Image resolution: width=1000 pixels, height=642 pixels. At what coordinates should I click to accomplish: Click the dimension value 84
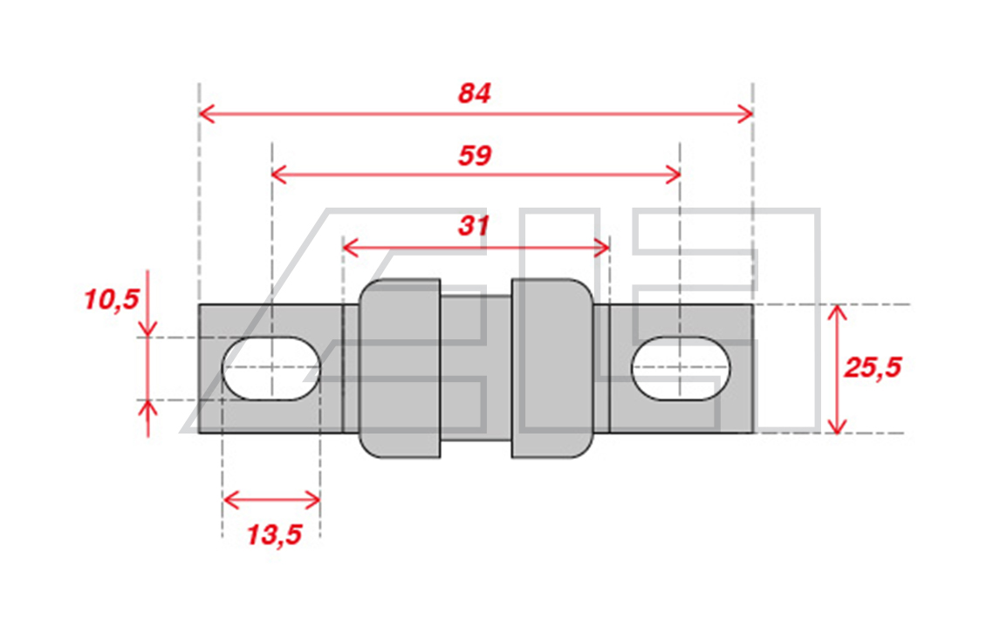pyautogui.click(x=475, y=93)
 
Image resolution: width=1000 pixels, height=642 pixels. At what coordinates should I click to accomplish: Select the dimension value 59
pyautogui.click(x=475, y=155)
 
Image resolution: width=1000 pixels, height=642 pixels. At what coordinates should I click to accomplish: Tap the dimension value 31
pyautogui.click(x=473, y=225)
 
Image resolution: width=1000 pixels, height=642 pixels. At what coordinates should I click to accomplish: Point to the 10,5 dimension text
pyautogui.click(x=112, y=299)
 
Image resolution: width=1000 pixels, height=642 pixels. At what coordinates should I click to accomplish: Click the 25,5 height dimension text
pyautogui.click(x=873, y=367)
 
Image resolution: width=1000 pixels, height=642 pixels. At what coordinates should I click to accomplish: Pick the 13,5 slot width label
pyautogui.click(x=274, y=534)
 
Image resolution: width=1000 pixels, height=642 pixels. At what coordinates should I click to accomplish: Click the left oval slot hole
pyautogui.click(x=271, y=368)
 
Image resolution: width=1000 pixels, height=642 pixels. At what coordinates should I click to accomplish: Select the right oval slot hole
pyautogui.click(x=681, y=368)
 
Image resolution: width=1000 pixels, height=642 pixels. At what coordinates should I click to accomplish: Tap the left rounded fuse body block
pyautogui.click(x=400, y=368)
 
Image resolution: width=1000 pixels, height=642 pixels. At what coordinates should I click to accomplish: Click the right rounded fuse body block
pyautogui.click(x=552, y=368)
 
